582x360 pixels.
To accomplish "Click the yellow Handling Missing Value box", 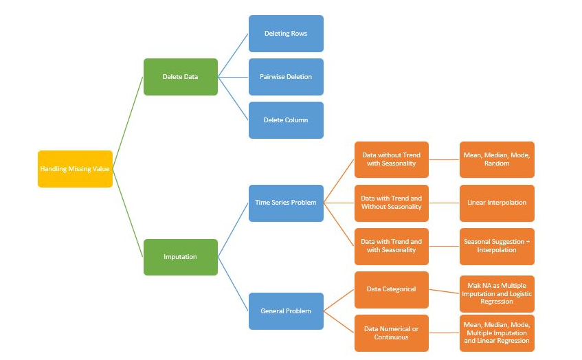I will click(x=75, y=169).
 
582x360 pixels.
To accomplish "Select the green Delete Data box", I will click(x=181, y=77).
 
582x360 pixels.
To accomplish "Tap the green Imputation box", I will click(x=181, y=257).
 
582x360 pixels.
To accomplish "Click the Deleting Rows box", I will click(x=286, y=34).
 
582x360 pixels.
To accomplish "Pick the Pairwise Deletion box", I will click(x=286, y=77).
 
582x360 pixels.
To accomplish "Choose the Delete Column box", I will click(x=286, y=120).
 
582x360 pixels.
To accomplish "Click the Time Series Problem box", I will click(x=286, y=203).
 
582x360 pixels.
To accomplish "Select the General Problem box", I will click(x=286, y=311).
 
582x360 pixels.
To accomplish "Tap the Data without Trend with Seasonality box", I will click(x=392, y=159).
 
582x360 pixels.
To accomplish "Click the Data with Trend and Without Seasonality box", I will click(x=392, y=203).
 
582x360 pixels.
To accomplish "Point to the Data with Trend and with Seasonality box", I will click(x=392, y=246).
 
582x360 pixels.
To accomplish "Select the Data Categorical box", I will click(x=392, y=289).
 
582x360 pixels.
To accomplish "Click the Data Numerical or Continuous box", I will click(x=392, y=333).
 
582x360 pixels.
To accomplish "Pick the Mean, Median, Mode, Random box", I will click(x=497, y=159).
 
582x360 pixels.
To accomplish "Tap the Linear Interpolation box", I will click(x=497, y=203).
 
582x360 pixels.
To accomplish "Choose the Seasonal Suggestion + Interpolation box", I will click(x=497, y=246).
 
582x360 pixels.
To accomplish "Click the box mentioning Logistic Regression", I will click(x=497, y=293).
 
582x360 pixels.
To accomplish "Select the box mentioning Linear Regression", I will click(x=497, y=333).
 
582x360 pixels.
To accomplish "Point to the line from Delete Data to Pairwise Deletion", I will click(x=234, y=77).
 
